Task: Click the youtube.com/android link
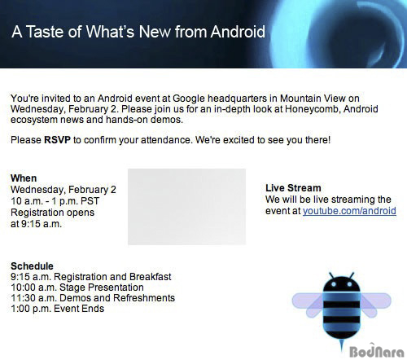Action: (x=349, y=211)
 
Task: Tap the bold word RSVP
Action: (x=57, y=140)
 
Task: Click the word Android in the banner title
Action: (x=238, y=32)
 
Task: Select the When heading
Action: (x=24, y=178)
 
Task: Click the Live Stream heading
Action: (x=293, y=188)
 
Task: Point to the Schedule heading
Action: (x=32, y=266)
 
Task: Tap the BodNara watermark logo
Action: (x=377, y=351)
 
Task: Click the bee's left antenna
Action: (x=331, y=275)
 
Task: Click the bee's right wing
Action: (x=376, y=304)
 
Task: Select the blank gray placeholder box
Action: (x=187, y=207)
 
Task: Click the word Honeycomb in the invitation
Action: (x=313, y=109)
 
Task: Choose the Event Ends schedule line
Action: (x=57, y=309)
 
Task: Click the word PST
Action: (x=90, y=201)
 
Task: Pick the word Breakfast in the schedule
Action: (x=150, y=277)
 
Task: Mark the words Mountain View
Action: (x=313, y=99)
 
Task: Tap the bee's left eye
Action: (x=334, y=284)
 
